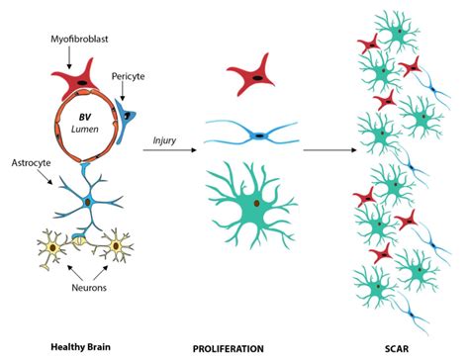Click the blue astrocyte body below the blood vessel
point(87,202)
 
